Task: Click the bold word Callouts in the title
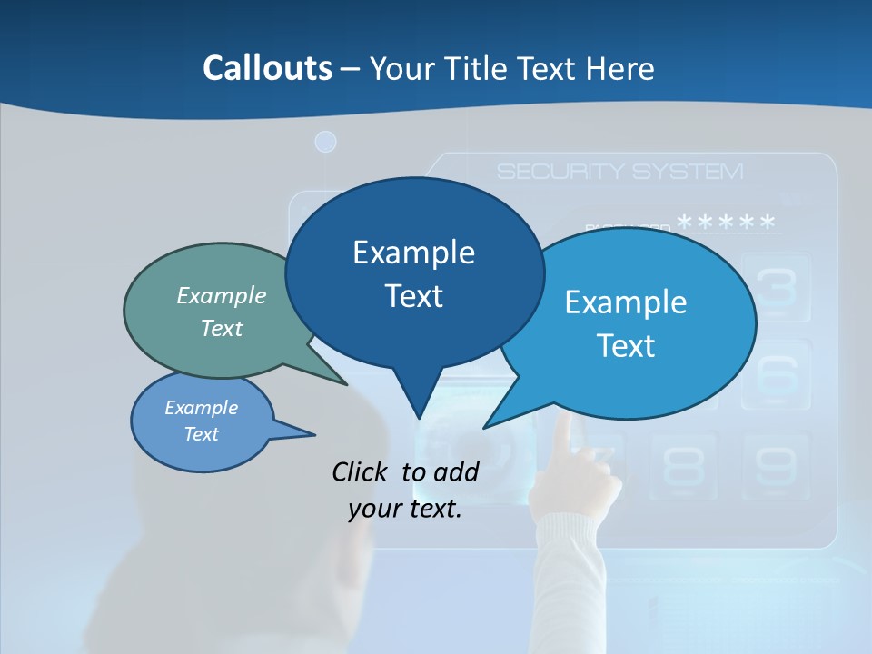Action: pos(267,68)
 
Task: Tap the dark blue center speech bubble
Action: pos(414,272)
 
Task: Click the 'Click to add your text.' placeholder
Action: pos(405,490)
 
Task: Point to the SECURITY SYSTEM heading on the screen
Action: pos(619,172)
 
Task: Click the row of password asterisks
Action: pos(727,222)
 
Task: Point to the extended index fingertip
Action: pos(564,419)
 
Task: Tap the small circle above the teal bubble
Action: pos(325,142)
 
